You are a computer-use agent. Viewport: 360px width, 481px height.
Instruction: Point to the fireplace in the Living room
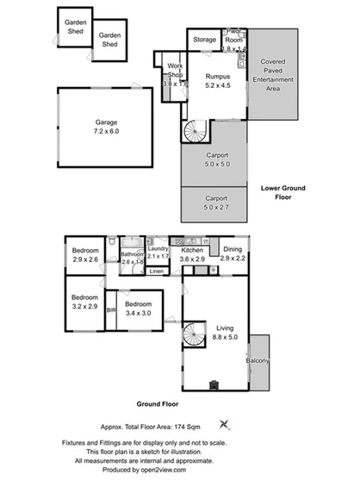(x=213, y=384)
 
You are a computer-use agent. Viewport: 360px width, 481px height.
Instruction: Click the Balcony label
(x=260, y=361)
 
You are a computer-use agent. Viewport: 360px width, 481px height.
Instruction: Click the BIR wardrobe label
(x=110, y=310)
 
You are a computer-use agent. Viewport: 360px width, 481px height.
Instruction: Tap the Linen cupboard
(x=156, y=272)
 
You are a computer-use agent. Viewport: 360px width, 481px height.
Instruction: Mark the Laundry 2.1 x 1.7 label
(x=158, y=251)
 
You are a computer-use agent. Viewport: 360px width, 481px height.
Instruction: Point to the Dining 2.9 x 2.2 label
(x=231, y=253)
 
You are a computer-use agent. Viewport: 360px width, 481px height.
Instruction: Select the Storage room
(x=204, y=40)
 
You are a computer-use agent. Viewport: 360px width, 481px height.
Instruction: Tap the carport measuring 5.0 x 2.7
(x=215, y=203)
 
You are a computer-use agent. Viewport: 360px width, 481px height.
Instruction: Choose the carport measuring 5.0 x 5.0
(x=215, y=160)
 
